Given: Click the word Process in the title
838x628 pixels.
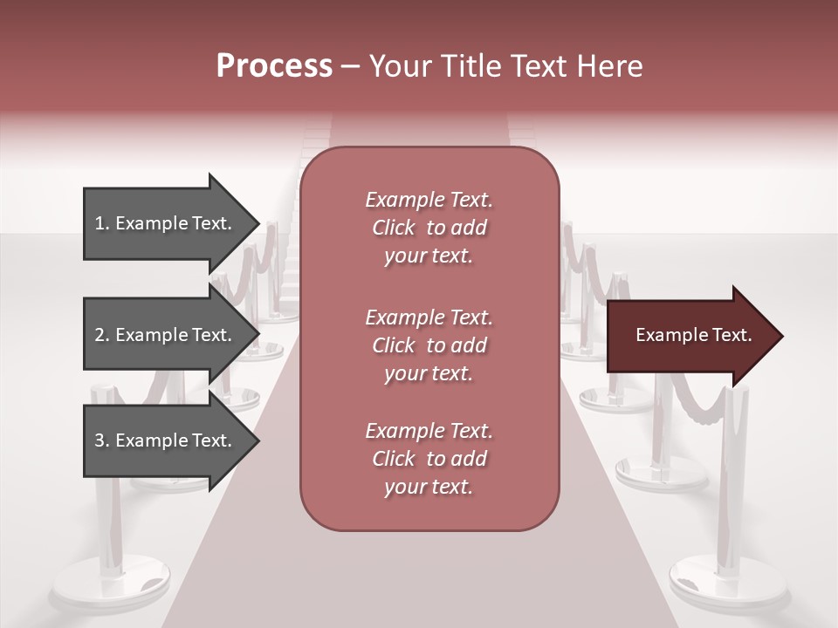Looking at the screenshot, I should [x=274, y=66].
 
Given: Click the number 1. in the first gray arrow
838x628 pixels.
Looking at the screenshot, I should [x=102, y=224].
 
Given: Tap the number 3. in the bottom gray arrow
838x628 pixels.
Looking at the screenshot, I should [x=102, y=441].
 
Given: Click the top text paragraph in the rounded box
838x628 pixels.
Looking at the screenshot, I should [x=429, y=228].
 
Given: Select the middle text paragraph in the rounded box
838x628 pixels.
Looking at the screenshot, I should [x=429, y=345].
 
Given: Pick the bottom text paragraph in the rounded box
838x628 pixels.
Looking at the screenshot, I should [x=429, y=459].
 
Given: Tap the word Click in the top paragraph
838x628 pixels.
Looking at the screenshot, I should [x=394, y=228].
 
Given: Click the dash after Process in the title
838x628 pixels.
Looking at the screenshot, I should [x=351, y=66].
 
